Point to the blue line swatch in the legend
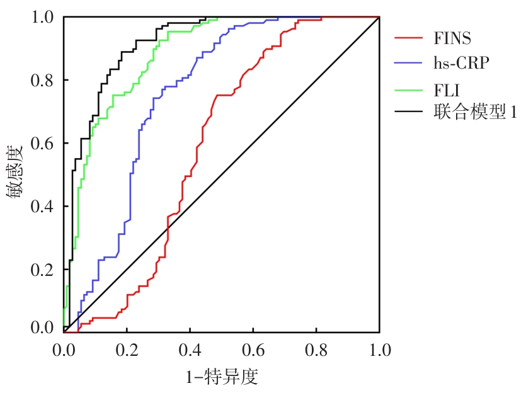coord(410,63)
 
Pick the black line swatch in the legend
coord(410,112)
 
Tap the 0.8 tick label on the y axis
coord(43,80)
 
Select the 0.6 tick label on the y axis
coord(43,143)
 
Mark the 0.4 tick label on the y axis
coord(43,207)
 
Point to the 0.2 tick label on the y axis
coord(43,270)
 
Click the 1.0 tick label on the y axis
coord(43,17)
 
